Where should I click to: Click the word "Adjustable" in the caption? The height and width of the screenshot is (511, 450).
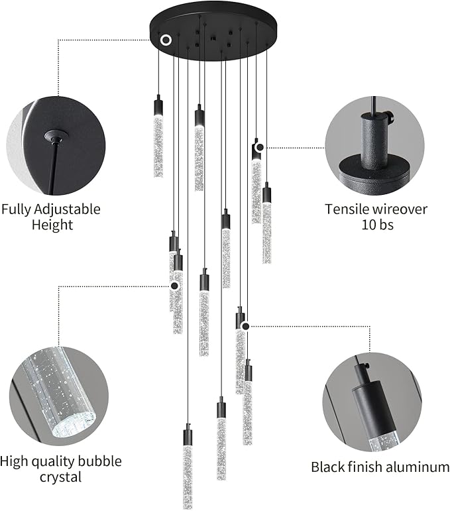click(x=67, y=209)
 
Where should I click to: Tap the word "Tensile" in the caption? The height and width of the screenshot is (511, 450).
click(x=347, y=209)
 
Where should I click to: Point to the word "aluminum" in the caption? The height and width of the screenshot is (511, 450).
click(x=415, y=467)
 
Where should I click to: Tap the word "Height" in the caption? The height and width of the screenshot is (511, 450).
click(x=52, y=225)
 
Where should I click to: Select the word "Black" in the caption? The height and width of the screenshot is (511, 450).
click(x=328, y=467)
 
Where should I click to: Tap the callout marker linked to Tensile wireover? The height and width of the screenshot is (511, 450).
click(x=260, y=147)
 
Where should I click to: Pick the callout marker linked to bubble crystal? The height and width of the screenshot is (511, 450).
click(x=174, y=286)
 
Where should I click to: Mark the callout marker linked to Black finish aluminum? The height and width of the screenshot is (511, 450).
click(x=245, y=325)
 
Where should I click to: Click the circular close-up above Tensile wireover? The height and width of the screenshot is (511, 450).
click(x=374, y=144)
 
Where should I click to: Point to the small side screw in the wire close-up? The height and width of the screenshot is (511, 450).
click(x=392, y=120)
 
